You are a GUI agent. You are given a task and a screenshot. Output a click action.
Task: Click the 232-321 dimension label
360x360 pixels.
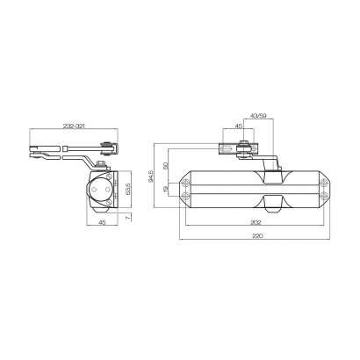(x=74, y=126)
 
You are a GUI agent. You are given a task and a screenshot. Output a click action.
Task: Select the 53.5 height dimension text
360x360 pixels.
(x=128, y=190)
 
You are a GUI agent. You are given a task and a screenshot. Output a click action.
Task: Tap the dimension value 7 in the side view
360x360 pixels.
(x=126, y=217)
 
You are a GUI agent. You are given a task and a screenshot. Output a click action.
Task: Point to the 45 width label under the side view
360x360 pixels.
(x=102, y=222)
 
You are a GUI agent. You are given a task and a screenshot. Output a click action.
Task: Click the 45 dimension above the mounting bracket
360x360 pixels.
(x=239, y=126)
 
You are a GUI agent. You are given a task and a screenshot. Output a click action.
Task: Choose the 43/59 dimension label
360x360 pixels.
(x=259, y=116)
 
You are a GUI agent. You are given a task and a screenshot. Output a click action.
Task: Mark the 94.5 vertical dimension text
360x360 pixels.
(x=151, y=176)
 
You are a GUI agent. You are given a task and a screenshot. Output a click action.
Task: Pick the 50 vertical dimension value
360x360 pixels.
(x=166, y=166)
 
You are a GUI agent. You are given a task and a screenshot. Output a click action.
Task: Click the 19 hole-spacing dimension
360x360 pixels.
(x=166, y=190)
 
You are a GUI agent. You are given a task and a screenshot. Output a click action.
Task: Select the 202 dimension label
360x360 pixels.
(x=256, y=222)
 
